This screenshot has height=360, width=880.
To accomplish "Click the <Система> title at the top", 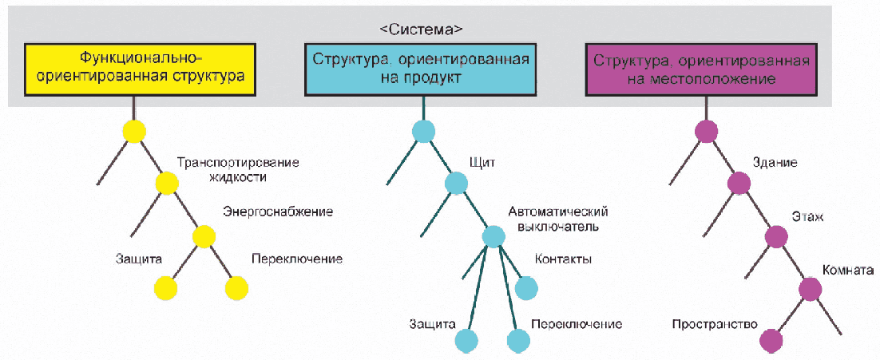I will [421, 29].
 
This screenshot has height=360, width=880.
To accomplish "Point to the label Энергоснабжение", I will [278, 212].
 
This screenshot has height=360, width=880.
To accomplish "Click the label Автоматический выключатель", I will [558, 219].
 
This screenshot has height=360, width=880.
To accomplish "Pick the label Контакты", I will [563, 259].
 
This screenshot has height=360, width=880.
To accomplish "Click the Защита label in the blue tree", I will [432, 324].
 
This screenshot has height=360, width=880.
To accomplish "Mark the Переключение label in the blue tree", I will [576, 324].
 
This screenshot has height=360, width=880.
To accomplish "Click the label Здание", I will [775, 164].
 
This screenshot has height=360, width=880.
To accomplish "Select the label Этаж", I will [807, 216].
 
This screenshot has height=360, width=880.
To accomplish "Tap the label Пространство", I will [715, 324].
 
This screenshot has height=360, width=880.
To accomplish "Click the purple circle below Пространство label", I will [771, 341].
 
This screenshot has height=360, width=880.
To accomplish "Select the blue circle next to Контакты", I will [526, 288].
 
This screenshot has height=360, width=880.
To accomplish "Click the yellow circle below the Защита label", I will [165, 288].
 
